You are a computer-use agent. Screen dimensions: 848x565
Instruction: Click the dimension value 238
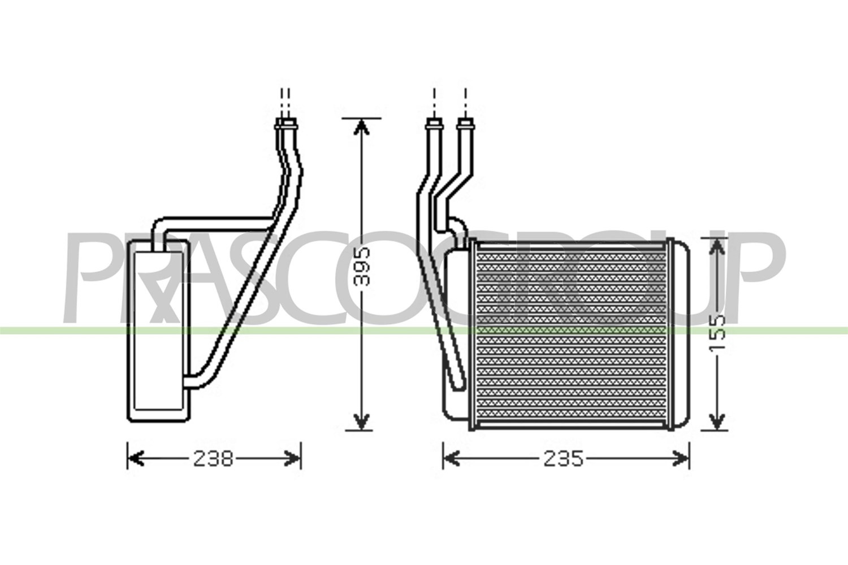tap(213, 459)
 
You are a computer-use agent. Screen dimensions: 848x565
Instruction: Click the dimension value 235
tap(564, 459)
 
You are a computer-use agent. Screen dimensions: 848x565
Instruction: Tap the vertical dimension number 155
tap(716, 332)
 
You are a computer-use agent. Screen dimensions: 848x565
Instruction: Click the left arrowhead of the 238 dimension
tap(136, 459)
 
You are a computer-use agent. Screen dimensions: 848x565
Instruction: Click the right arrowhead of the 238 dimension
tap(292, 459)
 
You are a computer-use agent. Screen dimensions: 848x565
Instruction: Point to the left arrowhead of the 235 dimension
tap(451, 459)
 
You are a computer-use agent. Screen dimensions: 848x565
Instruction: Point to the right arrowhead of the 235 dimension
tap(680, 459)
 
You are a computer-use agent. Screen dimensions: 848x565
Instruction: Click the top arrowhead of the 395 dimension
tap(362, 127)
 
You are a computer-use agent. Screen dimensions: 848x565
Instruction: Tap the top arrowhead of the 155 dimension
tap(716, 247)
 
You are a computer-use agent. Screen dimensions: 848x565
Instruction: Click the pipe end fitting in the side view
tap(287, 123)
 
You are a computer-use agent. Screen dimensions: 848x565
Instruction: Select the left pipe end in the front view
tap(434, 123)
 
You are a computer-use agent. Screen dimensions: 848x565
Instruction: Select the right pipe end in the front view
tap(465, 123)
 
